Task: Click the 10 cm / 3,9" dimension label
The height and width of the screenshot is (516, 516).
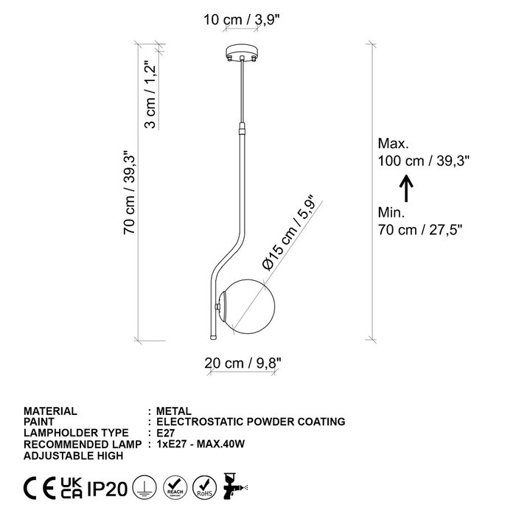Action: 241,20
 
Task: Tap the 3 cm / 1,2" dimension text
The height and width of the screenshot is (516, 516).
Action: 150,95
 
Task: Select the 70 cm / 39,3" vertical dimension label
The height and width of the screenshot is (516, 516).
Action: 129,192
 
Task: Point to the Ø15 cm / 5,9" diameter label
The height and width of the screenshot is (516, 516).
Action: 288,234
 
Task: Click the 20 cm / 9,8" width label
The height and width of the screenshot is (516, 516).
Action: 243,363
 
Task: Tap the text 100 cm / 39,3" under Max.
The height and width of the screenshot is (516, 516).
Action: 423,161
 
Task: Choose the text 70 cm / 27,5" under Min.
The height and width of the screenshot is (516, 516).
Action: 420,230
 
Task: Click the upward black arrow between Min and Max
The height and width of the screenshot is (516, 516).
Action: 406,188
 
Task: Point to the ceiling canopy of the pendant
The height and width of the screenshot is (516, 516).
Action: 242,52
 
